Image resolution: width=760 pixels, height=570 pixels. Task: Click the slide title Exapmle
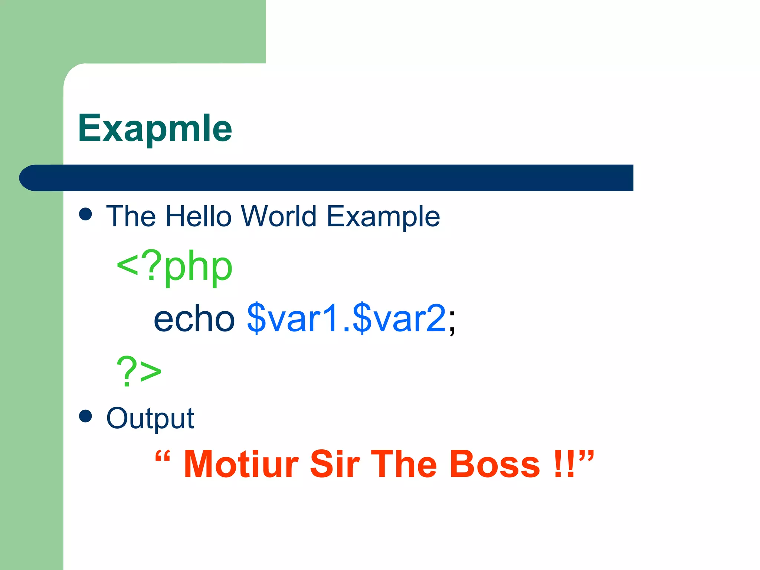click(155, 128)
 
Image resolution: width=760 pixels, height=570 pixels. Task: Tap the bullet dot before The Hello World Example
click(86, 214)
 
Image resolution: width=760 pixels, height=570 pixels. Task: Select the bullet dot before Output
click(86, 416)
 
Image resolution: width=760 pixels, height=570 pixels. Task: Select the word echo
click(194, 318)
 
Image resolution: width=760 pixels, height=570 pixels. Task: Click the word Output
click(150, 419)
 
